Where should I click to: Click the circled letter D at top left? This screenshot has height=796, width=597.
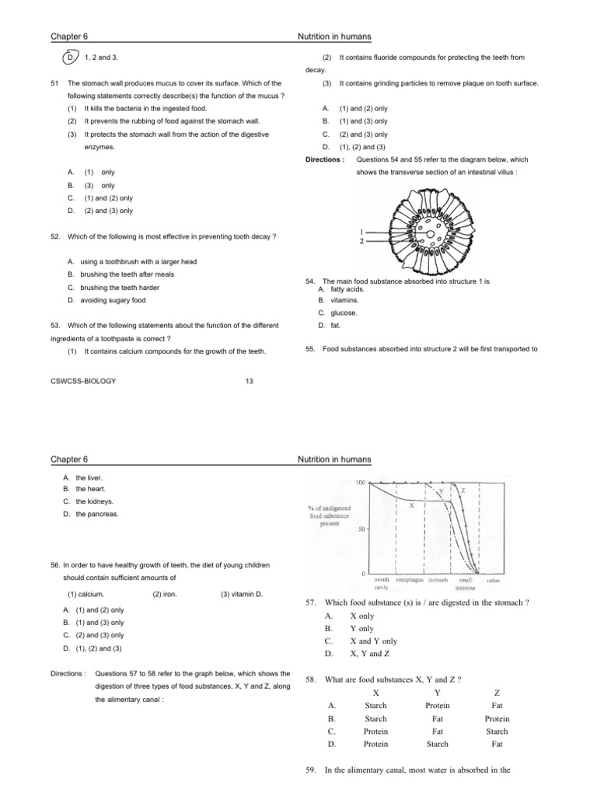pos(70,58)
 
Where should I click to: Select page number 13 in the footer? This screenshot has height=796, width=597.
pos(250,381)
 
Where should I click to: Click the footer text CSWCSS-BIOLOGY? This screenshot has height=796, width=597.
pos(83,381)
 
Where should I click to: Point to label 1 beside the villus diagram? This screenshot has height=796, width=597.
pos(361,232)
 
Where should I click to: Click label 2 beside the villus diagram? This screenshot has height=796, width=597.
pos(361,242)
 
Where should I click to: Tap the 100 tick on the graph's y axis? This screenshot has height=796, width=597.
pos(361,483)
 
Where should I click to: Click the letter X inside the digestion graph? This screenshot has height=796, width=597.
pos(410,505)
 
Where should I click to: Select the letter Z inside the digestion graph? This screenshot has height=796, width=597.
pos(463,491)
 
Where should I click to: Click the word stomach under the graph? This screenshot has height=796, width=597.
pos(438,580)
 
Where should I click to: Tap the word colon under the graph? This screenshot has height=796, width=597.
pos(493,580)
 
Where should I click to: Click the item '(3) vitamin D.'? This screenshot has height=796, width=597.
pos(243,595)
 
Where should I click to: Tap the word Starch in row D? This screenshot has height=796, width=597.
pos(438,744)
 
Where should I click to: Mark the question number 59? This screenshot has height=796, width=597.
pos(309,770)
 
